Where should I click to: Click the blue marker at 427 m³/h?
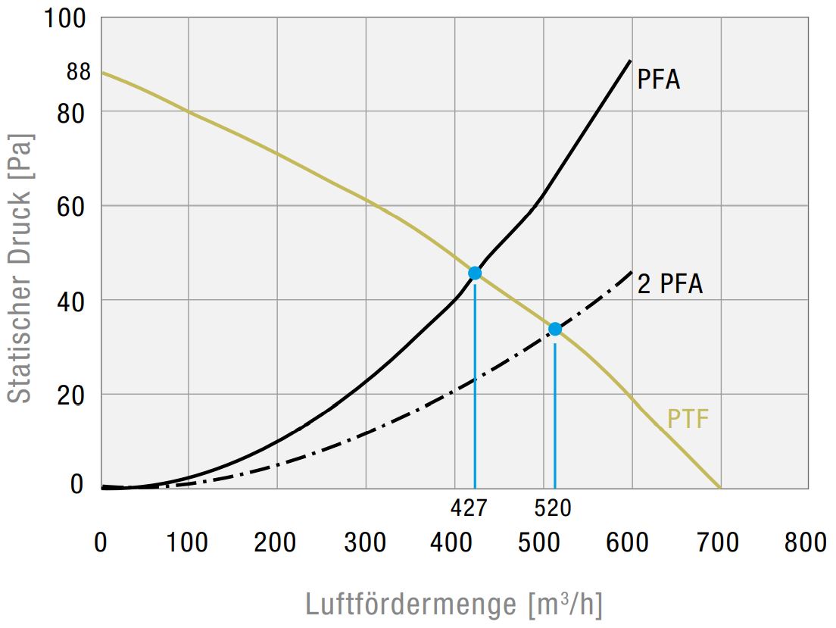(475, 273)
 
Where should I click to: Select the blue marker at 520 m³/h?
(555, 329)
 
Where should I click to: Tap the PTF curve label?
(688, 419)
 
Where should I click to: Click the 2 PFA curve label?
(670, 284)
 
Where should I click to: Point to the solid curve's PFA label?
(658, 80)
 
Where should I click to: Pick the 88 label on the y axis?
(78, 72)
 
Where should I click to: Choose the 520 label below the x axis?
(552, 508)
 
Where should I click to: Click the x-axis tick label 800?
(806, 542)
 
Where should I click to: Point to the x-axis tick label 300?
(365, 542)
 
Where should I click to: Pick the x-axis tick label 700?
(717, 542)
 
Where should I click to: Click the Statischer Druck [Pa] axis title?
(21, 269)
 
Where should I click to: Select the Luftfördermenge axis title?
(454, 605)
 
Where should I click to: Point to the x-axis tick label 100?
(187, 542)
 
